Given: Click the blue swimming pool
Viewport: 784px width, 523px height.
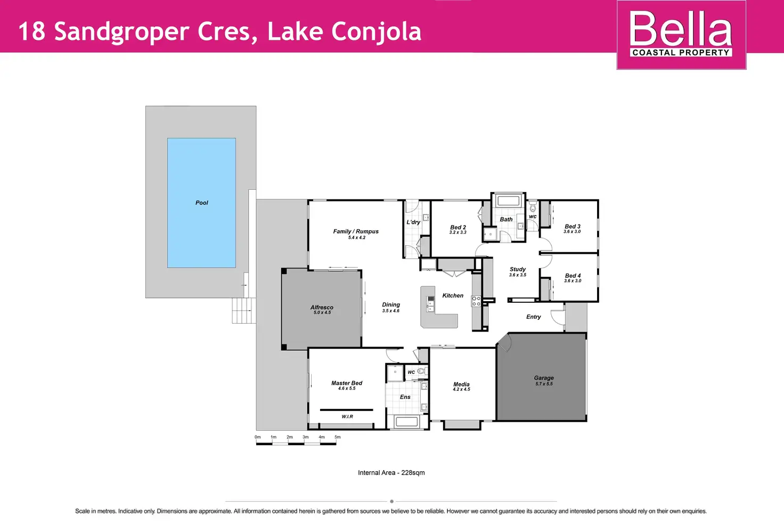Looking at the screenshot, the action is [x=201, y=203].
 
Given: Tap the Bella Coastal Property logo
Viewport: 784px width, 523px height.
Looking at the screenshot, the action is [x=681, y=35].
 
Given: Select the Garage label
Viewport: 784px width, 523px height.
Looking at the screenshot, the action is [x=544, y=378].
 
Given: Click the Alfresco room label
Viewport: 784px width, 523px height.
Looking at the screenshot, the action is [x=322, y=307].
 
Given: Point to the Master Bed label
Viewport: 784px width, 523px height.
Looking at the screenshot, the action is [x=347, y=383].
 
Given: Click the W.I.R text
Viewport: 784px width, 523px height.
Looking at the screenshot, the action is [x=347, y=416].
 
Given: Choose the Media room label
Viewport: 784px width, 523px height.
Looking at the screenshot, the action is [x=461, y=384].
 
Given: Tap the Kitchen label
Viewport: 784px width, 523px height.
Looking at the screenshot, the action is [x=453, y=295].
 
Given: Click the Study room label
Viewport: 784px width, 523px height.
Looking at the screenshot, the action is [x=518, y=269].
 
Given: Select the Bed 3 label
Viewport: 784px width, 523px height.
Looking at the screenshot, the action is [x=573, y=226].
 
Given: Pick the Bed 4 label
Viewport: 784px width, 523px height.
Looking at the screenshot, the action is [x=573, y=276].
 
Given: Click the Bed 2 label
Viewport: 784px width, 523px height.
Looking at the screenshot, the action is [x=458, y=227].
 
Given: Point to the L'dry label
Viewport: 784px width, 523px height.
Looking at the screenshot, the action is [x=413, y=222].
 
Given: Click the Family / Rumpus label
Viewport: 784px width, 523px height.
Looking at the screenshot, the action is [x=356, y=231].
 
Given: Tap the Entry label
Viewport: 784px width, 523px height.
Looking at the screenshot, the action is [x=533, y=317].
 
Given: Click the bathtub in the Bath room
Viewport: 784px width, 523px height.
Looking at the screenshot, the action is [x=508, y=201].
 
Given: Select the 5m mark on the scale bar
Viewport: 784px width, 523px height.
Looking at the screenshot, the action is [x=337, y=437].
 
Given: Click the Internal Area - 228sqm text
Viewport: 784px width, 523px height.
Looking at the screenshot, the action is [x=391, y=472].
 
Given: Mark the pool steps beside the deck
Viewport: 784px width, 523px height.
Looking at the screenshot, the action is [x=244, y=310].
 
